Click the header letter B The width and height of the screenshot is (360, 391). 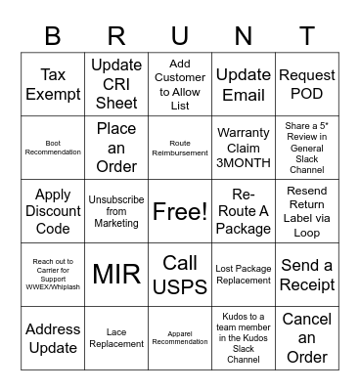pos(53,35)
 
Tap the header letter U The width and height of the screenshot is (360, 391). pos(180,35)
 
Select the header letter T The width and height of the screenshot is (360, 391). pos(307,35)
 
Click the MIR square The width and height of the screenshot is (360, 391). pos(116,275)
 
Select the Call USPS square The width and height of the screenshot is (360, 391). pos(180,275)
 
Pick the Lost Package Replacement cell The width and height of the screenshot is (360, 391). pos(244,275)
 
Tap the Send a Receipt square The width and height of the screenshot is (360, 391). pos(307,275)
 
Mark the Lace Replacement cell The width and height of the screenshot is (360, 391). pos(116,338)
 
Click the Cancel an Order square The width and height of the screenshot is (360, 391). pos(307,338)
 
